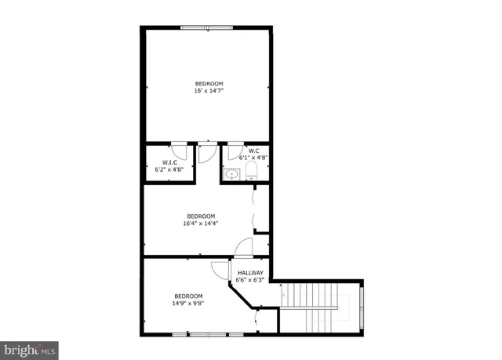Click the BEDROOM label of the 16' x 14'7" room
209,83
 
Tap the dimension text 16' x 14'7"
209,91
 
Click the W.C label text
254,150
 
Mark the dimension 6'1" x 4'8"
253,157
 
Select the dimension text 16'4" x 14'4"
200,223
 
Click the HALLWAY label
251,272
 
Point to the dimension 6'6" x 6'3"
251,279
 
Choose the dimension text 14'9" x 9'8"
188,303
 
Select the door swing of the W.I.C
179,151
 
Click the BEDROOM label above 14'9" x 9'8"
188,296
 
